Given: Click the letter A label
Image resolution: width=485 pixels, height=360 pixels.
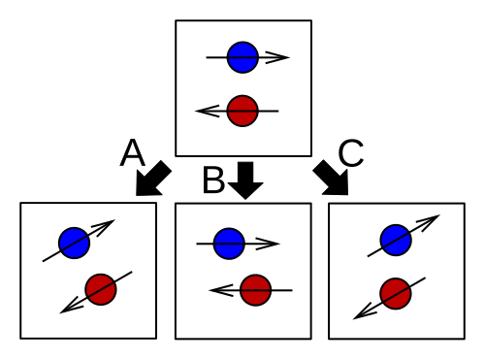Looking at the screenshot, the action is [x=132, y=152].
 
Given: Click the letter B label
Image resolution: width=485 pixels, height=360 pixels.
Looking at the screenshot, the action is [x=213, y=180].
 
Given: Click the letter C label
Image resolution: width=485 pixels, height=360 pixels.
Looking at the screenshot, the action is [x=351, y=153].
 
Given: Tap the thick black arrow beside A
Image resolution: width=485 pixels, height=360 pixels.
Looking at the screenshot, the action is [x=151, y=180].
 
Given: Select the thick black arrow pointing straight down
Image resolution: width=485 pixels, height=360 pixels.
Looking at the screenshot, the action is [x=245, y=180].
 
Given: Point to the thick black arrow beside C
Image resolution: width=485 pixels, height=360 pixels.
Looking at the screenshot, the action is [x=333, y=179].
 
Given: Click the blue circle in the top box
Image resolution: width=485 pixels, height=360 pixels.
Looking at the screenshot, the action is [x=242, y=57].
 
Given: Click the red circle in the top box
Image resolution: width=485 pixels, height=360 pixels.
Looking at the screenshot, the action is [x=242, y=111].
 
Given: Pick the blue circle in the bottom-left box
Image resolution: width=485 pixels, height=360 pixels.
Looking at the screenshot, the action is [x=74, y=243].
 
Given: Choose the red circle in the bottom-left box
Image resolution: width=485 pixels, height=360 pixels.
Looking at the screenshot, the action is [x=101, y=289].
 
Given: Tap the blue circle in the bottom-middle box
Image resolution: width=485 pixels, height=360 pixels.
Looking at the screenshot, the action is [x=229, y=244].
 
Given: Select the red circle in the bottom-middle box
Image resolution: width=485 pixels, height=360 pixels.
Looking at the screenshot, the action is [x=255, y=290].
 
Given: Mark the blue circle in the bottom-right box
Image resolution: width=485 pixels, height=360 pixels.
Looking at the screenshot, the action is [x=396, y=240].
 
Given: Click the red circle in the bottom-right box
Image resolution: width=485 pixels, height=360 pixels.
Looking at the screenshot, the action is [x=396, y=293].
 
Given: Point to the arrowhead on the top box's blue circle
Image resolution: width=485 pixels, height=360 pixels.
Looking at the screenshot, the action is [x=277, y=57].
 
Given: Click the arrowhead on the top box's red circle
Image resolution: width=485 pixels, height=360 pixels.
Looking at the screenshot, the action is [x=208, y=111].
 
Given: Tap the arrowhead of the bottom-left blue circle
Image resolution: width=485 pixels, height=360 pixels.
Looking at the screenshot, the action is [x=104, y=227].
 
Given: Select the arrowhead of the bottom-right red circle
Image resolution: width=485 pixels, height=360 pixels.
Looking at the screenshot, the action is [x=365, y=311].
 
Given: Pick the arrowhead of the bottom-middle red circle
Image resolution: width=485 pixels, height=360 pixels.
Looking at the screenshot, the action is [x=221, y=290].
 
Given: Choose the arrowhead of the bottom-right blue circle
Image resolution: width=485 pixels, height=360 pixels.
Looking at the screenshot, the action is [x=428, y=221].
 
